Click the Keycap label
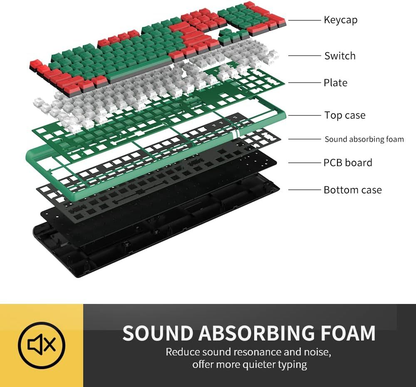tap(340, 20)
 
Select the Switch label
tap(340, 56)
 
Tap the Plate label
tap(335, 83)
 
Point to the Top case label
tap(345, 115)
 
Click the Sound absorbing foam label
tap(364, 139)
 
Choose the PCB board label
tap(348, 162)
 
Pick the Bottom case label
tap(352, 190)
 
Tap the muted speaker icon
tap(42, 344)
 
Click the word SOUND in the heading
tap(158, 333)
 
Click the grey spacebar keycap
tap(139, 71)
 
